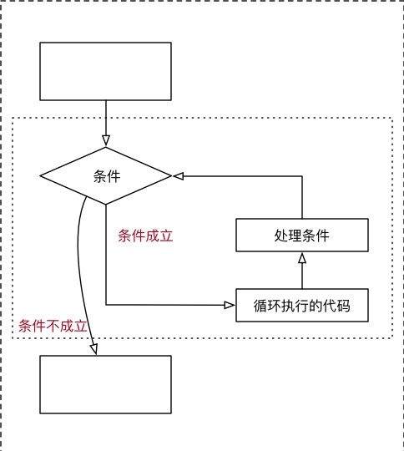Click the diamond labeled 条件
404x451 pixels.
tap(106, 175)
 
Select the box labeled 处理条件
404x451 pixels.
tap(302, 235)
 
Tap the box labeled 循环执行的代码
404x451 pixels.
tap(302, 305)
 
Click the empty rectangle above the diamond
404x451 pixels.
tap(105, 71)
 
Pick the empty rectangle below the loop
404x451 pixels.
tap(105, 384)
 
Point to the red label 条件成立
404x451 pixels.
tap(145, 236)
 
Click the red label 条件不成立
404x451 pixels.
tap(53, 326)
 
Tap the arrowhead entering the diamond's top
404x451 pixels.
tap(106, 140)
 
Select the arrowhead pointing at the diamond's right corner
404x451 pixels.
tap(178, 175)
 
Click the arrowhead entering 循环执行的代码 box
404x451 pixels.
tap(230, 305)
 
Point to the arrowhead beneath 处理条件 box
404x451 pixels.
tap(302, 258)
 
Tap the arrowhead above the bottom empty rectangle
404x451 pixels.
tap(94, 349)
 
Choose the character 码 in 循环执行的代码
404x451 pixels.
tap(344, 306)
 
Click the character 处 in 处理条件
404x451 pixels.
tap(281, 236)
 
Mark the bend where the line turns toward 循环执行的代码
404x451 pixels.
tap(106, 305)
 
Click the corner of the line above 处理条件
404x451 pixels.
tap(302, 176)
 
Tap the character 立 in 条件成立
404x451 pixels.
tap(166, 236)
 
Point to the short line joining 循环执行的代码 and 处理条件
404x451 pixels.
tap(302, 271)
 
